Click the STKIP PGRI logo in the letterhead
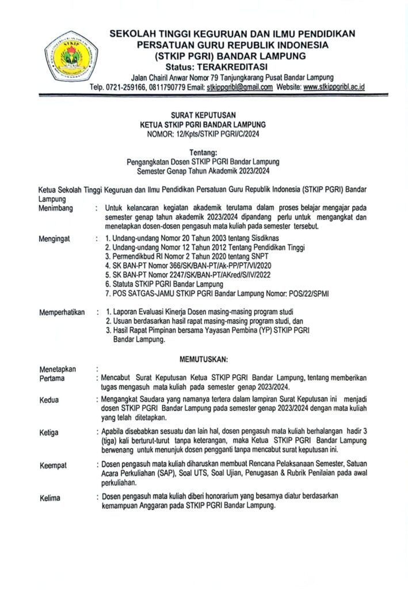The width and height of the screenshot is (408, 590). tap(73, 58)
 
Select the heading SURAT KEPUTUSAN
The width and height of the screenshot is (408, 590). tap(204, 115)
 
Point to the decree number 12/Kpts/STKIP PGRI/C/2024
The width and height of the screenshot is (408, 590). tap(221, 133)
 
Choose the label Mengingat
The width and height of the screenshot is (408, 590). tap(54, 237)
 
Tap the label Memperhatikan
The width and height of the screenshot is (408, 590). tap(62, 312)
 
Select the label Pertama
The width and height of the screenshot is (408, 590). tap(52, 379)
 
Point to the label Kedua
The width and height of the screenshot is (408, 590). tap(49, 399)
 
